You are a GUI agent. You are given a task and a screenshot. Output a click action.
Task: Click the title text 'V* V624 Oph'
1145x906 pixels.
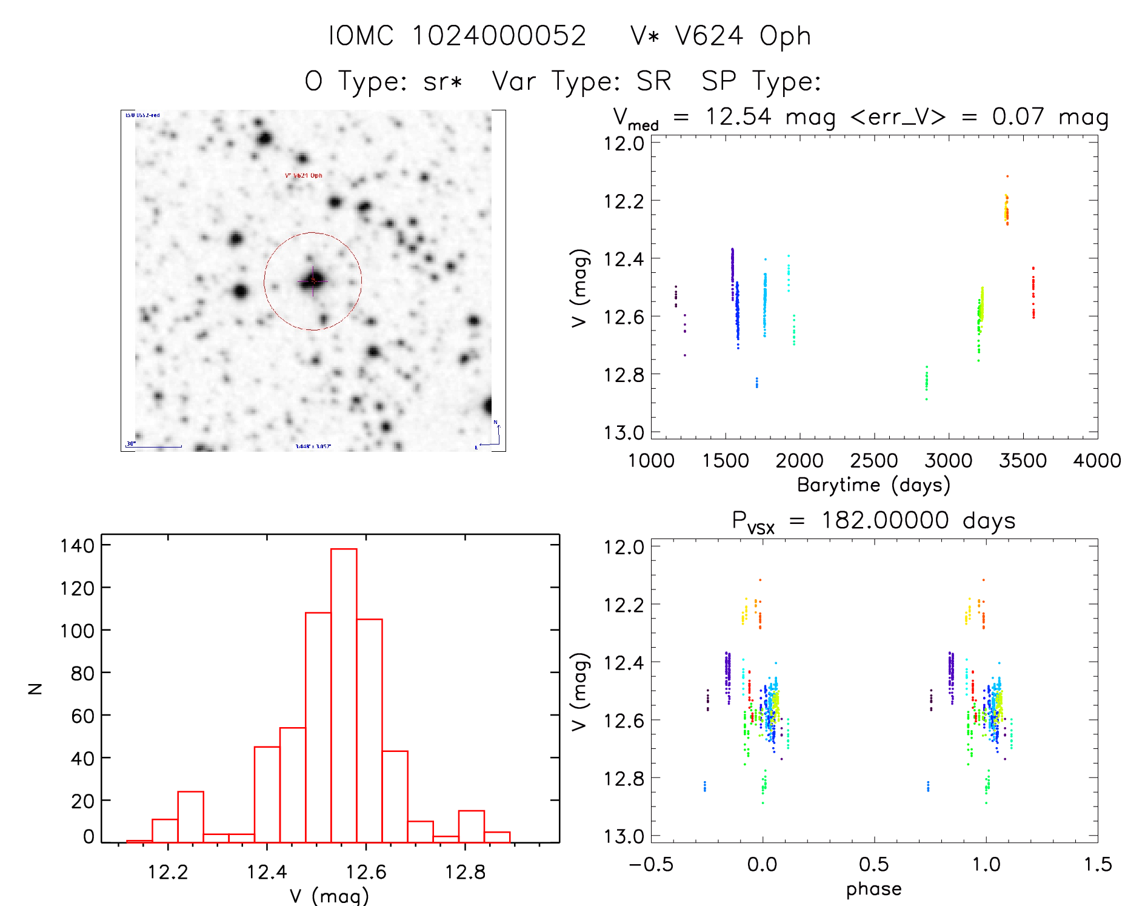[x=721, y=36]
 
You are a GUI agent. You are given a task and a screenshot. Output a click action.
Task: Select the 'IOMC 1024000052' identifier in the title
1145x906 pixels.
[x=457, y=36]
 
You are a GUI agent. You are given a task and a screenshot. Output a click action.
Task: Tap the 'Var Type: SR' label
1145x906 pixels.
[x=581, y=81]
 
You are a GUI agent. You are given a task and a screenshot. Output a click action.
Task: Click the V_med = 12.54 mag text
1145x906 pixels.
[x=722, y=117]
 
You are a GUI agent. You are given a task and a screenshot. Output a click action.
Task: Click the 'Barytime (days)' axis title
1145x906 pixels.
[x=873, y=485]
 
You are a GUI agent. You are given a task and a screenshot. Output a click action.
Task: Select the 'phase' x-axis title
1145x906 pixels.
[x=873, y=889]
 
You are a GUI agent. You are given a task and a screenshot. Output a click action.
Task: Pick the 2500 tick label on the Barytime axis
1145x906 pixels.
[x=873, y=461]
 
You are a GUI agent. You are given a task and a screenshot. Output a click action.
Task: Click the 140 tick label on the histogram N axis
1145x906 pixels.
[x=78, y=546]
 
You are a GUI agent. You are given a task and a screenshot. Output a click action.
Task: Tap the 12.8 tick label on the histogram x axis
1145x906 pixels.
[x=465, y=872]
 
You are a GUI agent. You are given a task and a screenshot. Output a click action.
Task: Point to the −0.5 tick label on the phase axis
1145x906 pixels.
[x=651, y=865]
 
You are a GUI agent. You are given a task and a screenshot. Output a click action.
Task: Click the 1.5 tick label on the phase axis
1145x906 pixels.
[x=1098, y=865]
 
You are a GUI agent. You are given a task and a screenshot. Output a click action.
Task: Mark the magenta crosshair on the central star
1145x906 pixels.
[x=313, y=281]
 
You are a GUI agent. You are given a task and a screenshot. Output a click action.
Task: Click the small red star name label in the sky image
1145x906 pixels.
[x=304, y=175]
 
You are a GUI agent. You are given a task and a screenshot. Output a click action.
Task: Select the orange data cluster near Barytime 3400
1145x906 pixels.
[x=1007, y=209]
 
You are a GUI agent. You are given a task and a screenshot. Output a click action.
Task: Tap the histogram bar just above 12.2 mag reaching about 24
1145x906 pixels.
[x=190, y=816]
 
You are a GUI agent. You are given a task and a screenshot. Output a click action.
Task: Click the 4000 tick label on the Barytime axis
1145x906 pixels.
[x=1097, y=461]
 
